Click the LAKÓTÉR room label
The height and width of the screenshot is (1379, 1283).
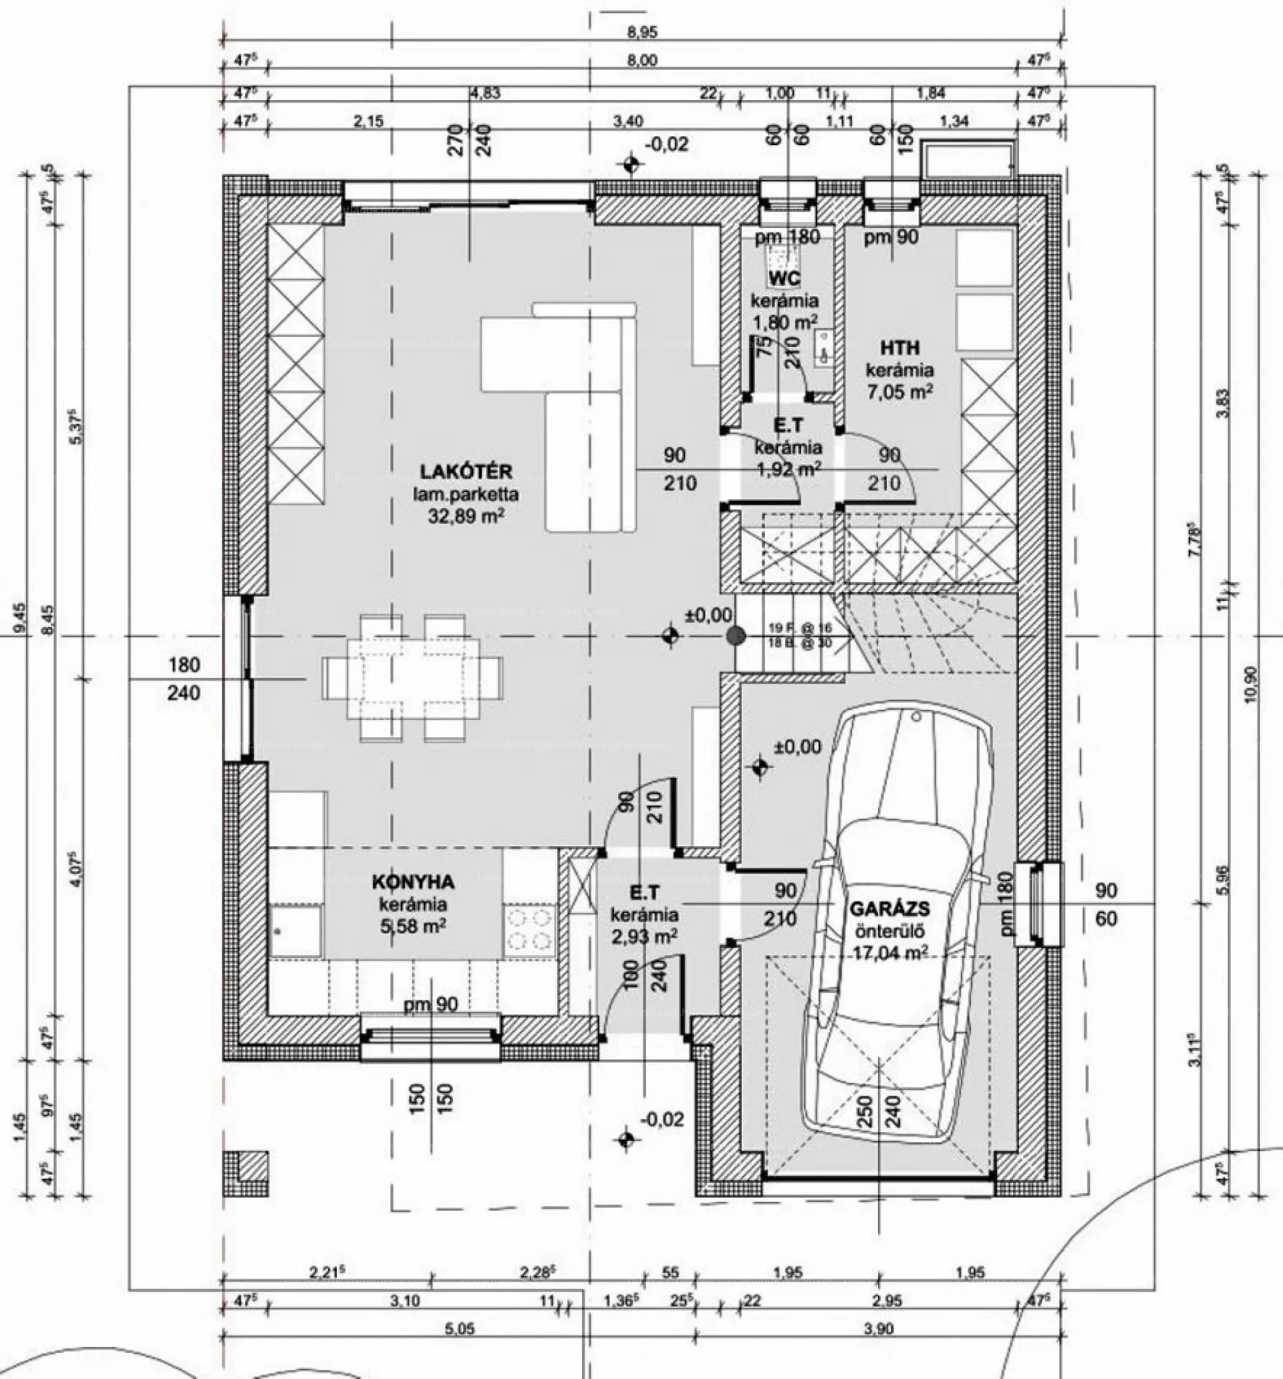466,472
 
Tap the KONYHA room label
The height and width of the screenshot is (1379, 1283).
414,882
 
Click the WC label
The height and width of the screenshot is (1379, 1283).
785,279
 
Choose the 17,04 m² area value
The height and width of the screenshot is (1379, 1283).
891,953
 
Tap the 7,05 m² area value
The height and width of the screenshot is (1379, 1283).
899,392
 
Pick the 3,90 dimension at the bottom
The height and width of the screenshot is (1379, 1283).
879,1329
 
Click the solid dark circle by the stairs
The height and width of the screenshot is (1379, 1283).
736,636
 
